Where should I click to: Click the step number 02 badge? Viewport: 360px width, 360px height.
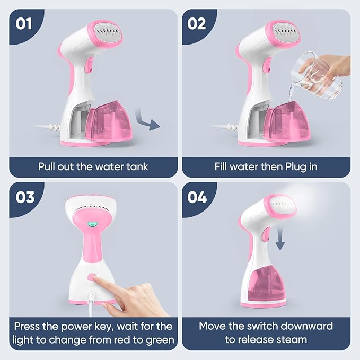click(197, 24)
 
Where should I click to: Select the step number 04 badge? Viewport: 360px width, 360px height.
click(197, 197)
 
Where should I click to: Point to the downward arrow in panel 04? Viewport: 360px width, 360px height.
click(280, 239)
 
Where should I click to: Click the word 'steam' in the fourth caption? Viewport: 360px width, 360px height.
click(291, 339)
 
